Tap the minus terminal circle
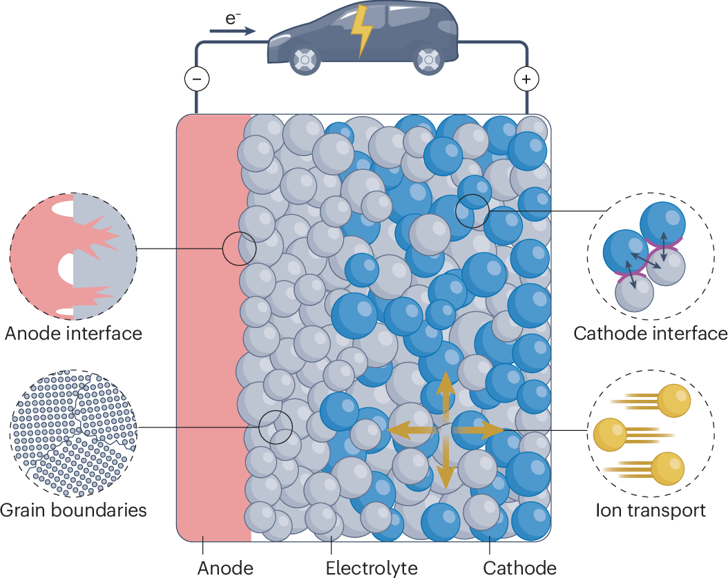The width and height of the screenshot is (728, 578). [x=196, y=80]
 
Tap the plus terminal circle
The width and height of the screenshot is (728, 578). [x=526, y=80]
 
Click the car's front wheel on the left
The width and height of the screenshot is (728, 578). [x=303, y=61]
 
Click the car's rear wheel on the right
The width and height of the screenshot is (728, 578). [x=429, y=61]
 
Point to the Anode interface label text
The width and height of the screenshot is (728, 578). [x=73, y=334]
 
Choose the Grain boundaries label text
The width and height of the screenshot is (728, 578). [x=73, y=510]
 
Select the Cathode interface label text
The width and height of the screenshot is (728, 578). [x=650, y=334]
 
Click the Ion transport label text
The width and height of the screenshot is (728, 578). [x=650, y=510]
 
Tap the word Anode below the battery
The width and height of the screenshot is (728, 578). [x=225, y=568]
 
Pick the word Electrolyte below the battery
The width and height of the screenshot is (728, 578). [x=372, y=568]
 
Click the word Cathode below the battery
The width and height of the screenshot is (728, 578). [x=519, y=568]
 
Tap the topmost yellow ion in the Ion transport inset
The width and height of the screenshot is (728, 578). [x=673, y=401]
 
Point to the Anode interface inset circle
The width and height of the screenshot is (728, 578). [x=73, y=255]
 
